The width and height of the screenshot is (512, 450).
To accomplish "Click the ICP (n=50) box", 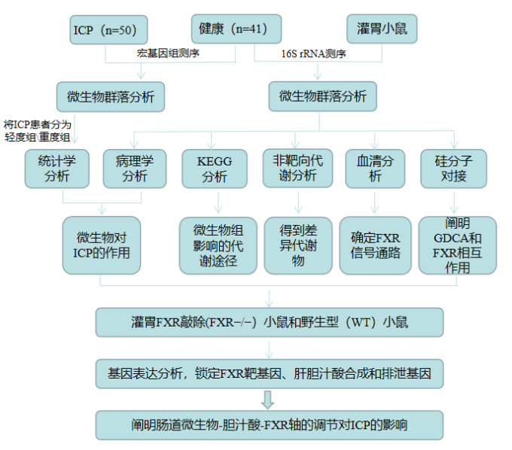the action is point(108,29).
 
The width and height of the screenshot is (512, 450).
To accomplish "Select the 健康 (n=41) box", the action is point(236,29).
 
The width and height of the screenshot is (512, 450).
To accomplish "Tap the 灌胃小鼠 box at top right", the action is point(382,29).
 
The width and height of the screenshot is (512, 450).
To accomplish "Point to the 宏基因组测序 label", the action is point(168,53).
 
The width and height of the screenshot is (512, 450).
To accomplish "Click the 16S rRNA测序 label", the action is point(313,53).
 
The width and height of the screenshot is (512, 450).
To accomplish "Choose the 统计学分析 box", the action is point(56,169).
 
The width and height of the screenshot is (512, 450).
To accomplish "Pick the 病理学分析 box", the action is point(135,169).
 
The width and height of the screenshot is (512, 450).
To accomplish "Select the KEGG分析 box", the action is point(215,169).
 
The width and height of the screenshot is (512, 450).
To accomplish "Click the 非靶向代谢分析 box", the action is point(298,168).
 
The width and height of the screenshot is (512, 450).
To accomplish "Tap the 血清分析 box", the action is point(375,169).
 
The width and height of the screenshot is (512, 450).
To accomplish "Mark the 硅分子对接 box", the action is point(453,169).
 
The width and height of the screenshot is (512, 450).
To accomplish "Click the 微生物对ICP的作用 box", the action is point(102,245).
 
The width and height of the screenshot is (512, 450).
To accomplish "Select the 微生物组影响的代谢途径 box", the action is point(218,246).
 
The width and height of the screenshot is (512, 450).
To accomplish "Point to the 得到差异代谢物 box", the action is point(298,246).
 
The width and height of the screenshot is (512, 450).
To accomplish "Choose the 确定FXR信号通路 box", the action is point(375,245).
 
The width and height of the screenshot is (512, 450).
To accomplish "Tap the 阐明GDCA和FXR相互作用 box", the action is point(458,245).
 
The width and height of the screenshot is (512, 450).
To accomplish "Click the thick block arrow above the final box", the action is point(268,400).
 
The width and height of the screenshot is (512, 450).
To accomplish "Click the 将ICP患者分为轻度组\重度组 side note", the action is point(37,130).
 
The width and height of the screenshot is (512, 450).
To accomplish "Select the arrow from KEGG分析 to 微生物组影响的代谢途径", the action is point(218,202).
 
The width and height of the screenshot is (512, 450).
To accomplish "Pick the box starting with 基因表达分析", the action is point(270,374).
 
